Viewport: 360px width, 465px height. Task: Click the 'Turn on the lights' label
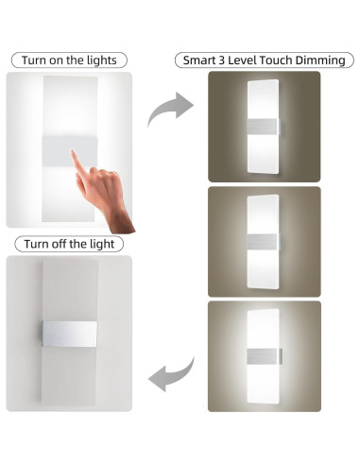coord(69,60)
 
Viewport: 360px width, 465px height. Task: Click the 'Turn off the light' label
coord(69,244)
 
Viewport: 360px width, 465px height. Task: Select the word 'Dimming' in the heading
coord(320,60)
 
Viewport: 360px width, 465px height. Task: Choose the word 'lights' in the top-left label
coord(99,60)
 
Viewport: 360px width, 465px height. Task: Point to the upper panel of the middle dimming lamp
coord(264,214)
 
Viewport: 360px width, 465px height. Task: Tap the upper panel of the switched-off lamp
coord(69,288)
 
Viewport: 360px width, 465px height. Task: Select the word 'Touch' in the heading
coord(275,60)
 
